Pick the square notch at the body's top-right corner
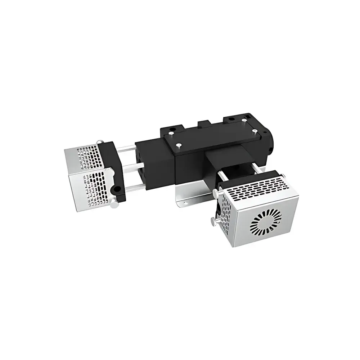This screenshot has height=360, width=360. (x=246, y=118)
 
